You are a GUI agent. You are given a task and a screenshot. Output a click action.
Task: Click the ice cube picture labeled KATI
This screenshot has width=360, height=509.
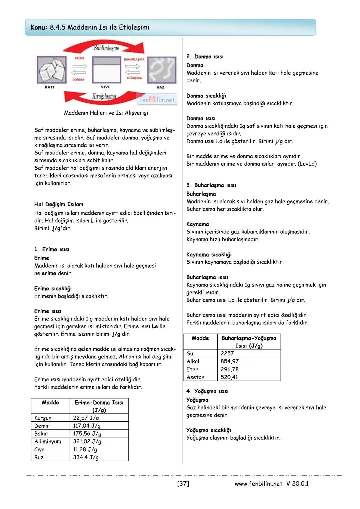tap(51, 70)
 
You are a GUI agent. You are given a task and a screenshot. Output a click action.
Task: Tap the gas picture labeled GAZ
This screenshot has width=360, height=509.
tap(162, 70)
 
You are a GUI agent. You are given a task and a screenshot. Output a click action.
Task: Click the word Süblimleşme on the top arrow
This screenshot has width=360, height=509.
tap(106, 48)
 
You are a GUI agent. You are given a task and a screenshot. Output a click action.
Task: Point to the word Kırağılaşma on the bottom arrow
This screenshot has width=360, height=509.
tap(104, 96)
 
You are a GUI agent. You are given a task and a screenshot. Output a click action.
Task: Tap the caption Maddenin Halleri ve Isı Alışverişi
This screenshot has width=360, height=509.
tap(106, 113)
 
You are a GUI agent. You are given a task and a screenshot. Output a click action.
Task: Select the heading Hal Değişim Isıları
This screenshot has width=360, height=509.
tap(59, 204)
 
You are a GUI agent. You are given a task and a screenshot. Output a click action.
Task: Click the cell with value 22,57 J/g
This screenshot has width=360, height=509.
tap(86, 418)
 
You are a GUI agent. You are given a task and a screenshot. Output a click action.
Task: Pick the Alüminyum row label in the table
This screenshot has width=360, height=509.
tap(48, 442)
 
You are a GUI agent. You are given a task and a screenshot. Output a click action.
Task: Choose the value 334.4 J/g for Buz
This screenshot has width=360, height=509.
tap(86, 457)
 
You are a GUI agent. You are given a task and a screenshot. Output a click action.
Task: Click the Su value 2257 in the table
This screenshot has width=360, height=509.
tap(227, 353)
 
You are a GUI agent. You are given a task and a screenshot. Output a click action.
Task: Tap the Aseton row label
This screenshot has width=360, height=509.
tap(195, 377)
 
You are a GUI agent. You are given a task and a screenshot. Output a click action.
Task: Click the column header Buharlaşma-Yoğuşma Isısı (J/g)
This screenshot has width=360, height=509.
tap(249, 342)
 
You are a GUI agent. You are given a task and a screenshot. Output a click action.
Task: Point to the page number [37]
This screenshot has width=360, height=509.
tap(183, 484)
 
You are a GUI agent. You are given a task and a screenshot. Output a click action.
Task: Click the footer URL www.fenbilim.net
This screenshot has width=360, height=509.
tap(258, 484)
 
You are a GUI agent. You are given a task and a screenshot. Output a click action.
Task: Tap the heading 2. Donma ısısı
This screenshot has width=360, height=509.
tap(205, 57)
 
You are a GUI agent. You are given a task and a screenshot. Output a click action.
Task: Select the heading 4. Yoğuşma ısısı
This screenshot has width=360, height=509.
tap(207, 391)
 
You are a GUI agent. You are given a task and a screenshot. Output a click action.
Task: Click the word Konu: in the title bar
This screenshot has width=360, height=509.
tap(39, 27)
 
